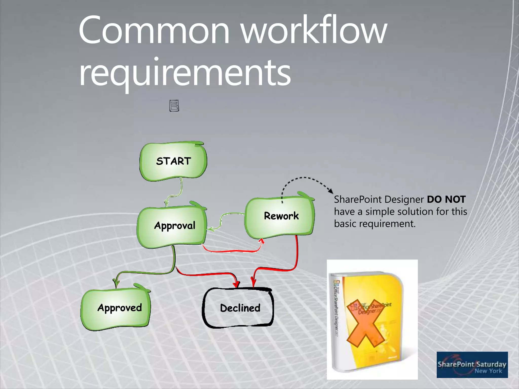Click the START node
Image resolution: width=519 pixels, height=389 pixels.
point(173,161)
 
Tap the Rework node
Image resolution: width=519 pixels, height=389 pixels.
point(280,217)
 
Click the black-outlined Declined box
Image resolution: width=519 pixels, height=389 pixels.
point(238,308)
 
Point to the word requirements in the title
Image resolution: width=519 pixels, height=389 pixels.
point(185,73)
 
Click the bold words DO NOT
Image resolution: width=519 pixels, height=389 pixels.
point(446,200)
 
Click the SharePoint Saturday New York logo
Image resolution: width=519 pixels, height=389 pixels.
point(472,365)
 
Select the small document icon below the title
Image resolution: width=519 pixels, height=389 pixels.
point(174,105)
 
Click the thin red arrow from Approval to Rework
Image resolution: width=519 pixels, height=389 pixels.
point(233,251)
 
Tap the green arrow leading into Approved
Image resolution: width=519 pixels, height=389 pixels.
point(142,273)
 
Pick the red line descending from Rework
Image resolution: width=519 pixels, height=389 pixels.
point(297,253)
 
